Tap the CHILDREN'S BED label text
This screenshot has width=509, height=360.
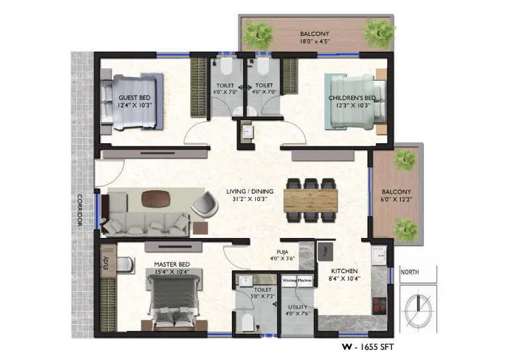pyautogui.click(x=352, y=97)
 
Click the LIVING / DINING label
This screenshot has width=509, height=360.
pyautogui.click(x=246, y=192)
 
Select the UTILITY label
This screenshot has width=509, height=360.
pyautogui.click(x=298, y=307)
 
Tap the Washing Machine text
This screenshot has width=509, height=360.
pyautogui.click(x=297, y=280)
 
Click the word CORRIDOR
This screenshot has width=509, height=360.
pyautogui.click(x=79, y=211)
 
